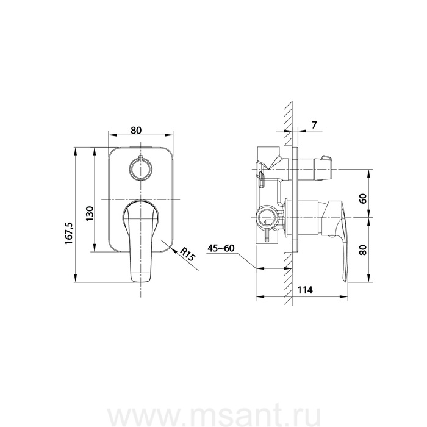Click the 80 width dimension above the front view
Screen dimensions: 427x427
tap(136, 131)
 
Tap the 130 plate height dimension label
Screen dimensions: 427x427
tap(89, 213)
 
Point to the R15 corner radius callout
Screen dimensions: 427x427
tap(188, 254)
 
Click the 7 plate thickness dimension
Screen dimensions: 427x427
tap(314, 125)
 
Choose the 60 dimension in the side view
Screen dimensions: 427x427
tap(363, 198)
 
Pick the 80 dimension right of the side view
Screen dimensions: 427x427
tap(363, 249)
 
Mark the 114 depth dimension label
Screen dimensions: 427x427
tap(305, 290)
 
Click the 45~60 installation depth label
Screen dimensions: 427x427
tap(221, 248)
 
